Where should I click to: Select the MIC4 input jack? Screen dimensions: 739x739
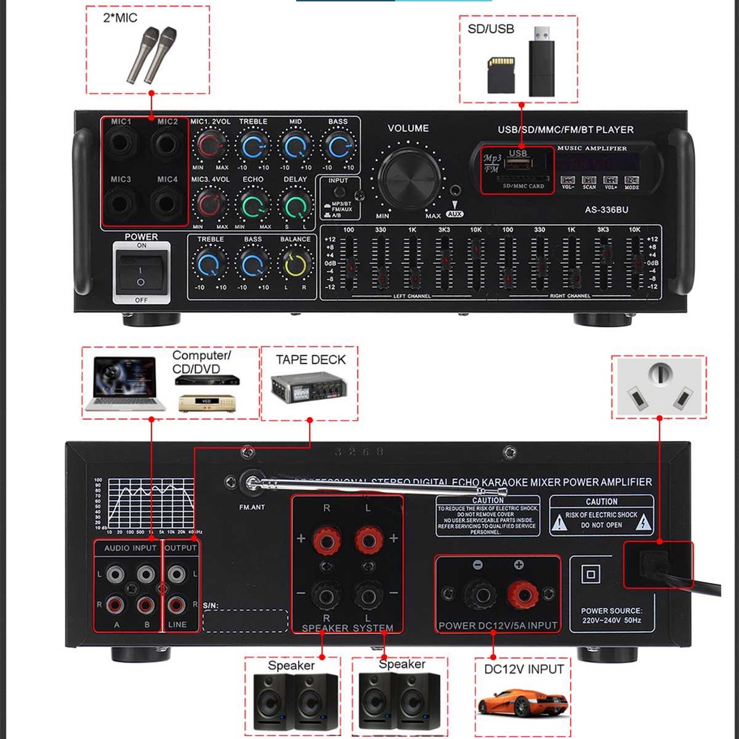coord(167,202)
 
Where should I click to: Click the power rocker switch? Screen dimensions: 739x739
coord(141,273)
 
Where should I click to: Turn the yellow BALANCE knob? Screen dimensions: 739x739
coord(295,264)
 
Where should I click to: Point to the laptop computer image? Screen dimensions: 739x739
coord(121,384)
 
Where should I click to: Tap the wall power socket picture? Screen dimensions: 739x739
coord(658,388)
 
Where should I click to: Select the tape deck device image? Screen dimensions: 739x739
coord(309,390)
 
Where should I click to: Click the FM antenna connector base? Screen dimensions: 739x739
coord(252,482)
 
